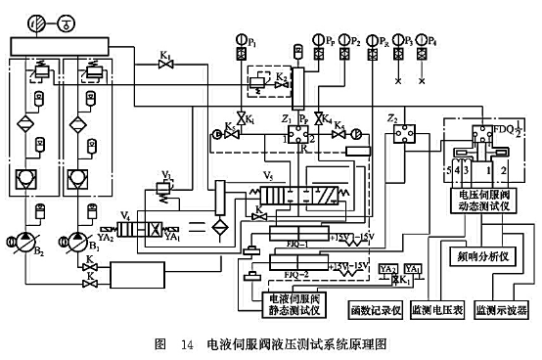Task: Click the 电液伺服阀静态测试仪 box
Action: [288, 303]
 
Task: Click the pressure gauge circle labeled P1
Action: [241, 41]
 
